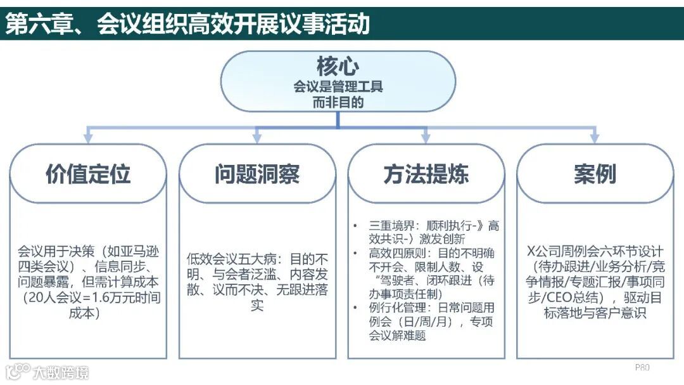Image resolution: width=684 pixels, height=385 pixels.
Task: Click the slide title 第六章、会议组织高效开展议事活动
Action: (x=187, y=24)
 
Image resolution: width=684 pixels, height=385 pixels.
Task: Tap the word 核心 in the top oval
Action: (x=338, y=66)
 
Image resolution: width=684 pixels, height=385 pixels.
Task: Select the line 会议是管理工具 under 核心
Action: (x=338, y=86)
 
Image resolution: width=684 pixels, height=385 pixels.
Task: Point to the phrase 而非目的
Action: (x=338, y=101)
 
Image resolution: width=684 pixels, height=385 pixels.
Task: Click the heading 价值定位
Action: (x=88, y=174)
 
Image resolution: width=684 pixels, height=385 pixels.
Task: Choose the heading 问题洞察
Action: (x=256, y=174)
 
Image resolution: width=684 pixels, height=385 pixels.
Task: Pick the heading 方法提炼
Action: (x=426, y=174)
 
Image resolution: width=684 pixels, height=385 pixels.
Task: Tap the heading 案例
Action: (x=595, y=174)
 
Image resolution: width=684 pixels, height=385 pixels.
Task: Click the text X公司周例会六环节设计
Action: (x=595, y=251)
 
